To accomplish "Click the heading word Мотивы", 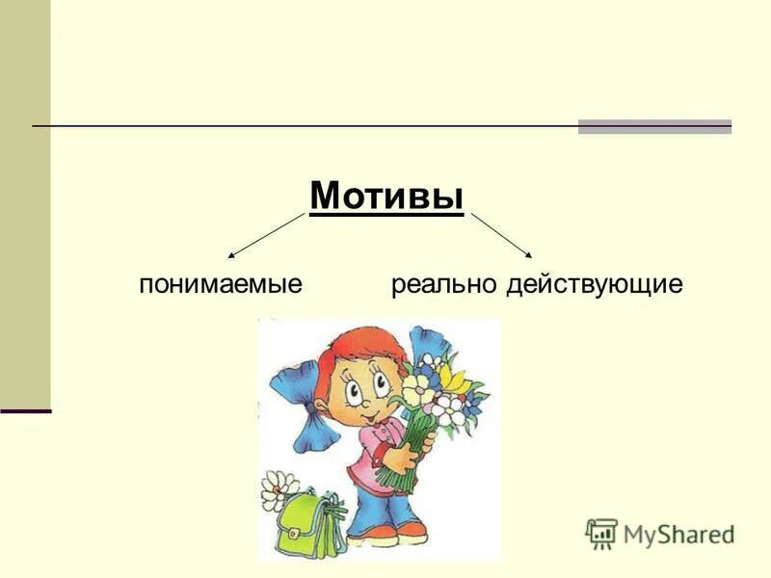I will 386,197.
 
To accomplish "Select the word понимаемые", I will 221,284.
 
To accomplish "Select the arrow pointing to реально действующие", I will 501,236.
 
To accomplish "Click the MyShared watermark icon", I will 601,533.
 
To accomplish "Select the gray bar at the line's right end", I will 654,126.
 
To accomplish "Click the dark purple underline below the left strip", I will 25,411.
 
